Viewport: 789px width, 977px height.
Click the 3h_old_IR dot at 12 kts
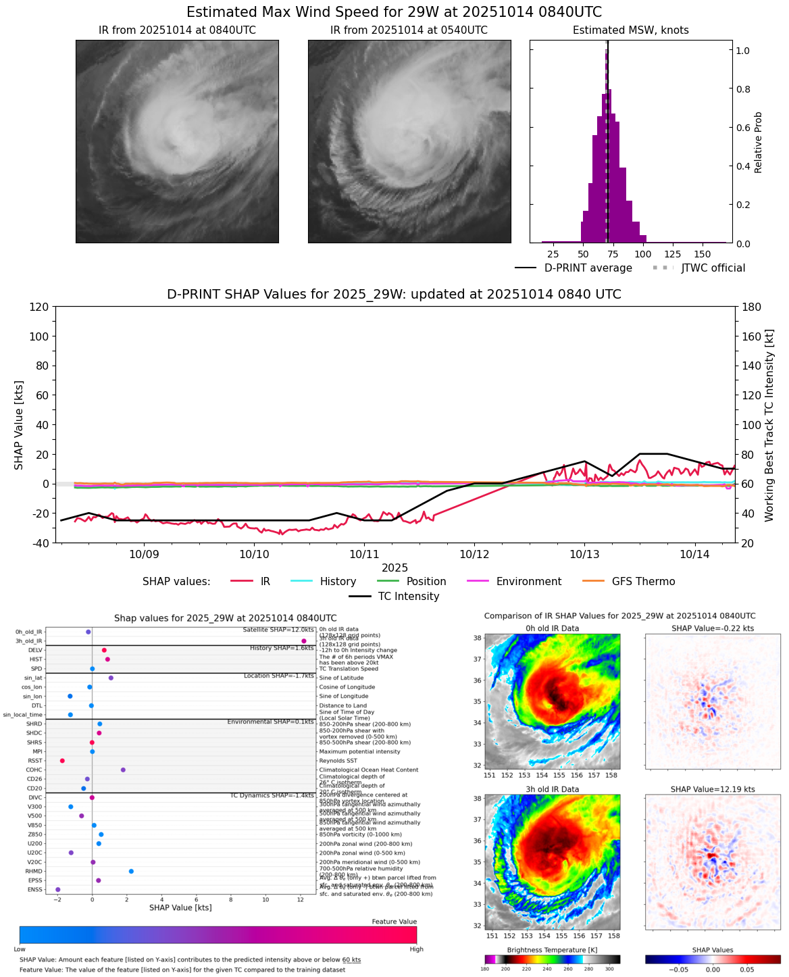(x=304, y=641)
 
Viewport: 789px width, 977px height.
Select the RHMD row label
(x=34, y=871)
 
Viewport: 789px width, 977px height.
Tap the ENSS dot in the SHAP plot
(x=57, y=889)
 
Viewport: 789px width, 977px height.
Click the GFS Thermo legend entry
(x=630, y=581)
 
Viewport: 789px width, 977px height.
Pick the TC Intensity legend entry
(x=394, y=596)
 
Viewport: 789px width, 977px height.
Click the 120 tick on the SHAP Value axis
(x=39, y=307)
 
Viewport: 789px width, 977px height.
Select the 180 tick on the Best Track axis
(x=751, y=307)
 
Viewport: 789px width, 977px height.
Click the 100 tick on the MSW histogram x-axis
(x=642, y=254)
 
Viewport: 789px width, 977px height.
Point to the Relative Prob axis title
(x=758, y=142)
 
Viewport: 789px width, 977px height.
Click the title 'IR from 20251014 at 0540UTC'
(x=409, y=30)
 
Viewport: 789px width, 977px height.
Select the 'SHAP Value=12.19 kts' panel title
(x=713, y=789)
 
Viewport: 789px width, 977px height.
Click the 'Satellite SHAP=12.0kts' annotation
(x=278, y=630)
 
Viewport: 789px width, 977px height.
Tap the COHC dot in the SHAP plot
(x=123, y=770)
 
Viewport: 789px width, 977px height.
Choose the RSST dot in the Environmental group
(x=62, y=761)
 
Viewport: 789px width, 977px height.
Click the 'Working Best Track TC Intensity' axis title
(x=769, y=426)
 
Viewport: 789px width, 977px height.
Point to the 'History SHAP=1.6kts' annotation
(x=282, y=648)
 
